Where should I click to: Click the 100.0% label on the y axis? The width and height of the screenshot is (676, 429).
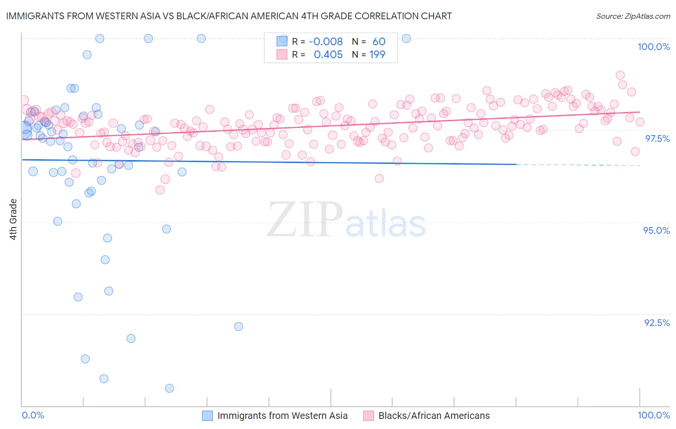coord(653,47)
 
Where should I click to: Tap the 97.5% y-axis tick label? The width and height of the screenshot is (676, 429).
coord(657,139)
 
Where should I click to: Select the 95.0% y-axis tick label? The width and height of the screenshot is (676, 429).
coord(656,230)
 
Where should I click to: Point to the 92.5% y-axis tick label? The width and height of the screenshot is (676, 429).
coord(657,323)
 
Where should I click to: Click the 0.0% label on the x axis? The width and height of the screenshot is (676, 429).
coord(33,415)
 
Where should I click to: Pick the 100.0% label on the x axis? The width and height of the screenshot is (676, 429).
coord(653,415)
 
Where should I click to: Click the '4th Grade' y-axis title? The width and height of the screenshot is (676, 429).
coord(13,219)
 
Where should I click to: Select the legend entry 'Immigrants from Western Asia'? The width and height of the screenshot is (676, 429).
coord(282,416)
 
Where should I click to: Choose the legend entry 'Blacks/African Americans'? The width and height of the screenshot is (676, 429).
coord(434,416)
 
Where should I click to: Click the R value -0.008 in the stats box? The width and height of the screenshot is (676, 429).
coord(325,41)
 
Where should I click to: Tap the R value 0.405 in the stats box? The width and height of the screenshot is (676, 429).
coord(328,54)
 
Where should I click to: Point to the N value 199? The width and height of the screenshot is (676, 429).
coord(377,54)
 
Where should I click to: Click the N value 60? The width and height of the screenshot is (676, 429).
coord(379,41)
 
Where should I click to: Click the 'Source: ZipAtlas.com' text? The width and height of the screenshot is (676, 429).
coord(633,16)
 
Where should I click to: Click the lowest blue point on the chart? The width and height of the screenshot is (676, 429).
coord(169,388)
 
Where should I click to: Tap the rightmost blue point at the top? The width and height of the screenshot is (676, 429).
coord(406,38)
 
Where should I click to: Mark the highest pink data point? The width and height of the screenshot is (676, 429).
coord(620,75)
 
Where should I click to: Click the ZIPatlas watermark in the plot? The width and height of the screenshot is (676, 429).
coord(346,220)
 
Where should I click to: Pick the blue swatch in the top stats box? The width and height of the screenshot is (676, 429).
coord(282,41)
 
